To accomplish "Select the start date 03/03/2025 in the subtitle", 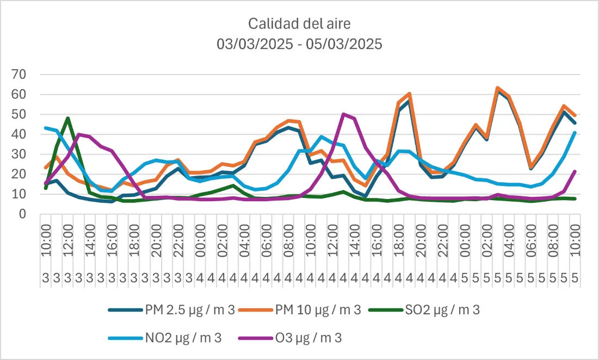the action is tap(255, 44).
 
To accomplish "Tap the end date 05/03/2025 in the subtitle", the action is tap(344, 44).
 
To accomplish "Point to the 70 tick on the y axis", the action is tap(19, 74).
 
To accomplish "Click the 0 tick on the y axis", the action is tap(22, 214).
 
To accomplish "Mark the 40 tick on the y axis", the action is tap(19, 134).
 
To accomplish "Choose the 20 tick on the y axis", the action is tap(19, 174).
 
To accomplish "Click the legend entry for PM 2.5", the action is tap(171, 309).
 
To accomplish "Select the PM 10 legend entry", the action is tap(299, 309).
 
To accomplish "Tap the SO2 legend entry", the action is tap(424, 309).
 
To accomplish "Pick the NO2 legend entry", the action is tap(165, 338).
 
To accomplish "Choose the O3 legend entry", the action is tap(290, 338).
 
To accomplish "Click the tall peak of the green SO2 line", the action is tap(67, 118).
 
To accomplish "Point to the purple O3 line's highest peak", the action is tap(343, 114).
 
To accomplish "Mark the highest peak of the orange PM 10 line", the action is tap(497, 88).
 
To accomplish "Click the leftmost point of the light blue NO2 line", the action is tap(46, 128).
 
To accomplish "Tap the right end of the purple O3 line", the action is tap(575, 171).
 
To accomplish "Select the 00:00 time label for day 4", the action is tap(200, 241).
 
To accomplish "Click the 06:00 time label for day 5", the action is tap(530, 241).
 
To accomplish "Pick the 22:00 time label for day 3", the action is tap(178, 241).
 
